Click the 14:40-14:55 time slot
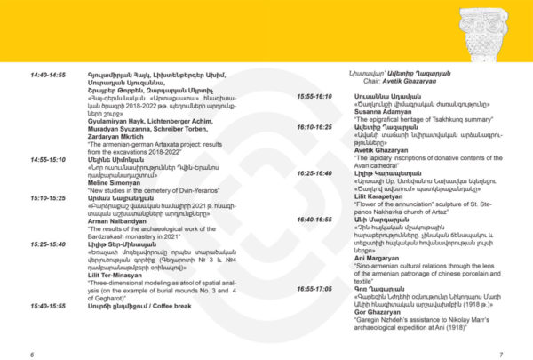[x=48, y=76]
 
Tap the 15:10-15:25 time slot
[x=48, y=196]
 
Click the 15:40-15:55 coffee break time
[x=48, y=306]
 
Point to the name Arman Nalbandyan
[x=116, y=220]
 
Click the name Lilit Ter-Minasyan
[x=116, y=275]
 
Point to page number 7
[x=501, y=354]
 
